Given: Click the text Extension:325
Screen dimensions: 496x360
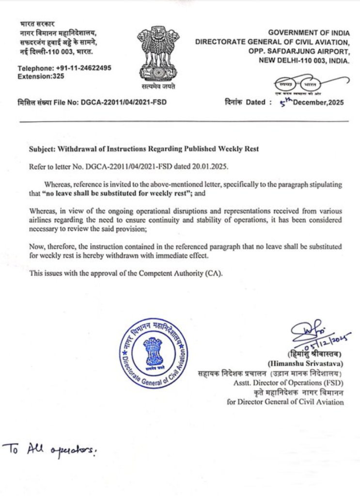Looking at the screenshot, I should click(41, 76).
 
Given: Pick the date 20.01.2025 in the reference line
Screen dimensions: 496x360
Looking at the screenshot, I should click(209, 167).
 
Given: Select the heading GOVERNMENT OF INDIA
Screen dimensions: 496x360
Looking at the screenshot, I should click(309, 32).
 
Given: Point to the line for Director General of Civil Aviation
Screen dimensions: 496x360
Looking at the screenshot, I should click(285, 402).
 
